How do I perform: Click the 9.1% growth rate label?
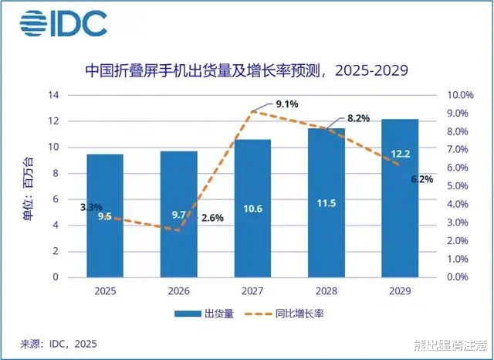[286, 104]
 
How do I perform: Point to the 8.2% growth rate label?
[359, 118]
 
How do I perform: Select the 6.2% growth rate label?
[421, 179]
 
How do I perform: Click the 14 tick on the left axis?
[54, 95]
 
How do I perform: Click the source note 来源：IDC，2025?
[58, 343]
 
